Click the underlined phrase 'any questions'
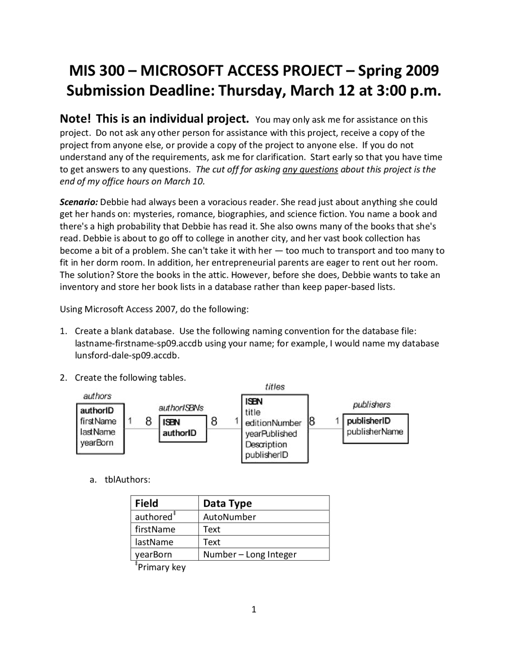(310, 169)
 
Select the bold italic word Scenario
(79, 202)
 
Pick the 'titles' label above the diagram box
(275, 386)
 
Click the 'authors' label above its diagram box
(97, 396)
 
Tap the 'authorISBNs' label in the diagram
(181, 407)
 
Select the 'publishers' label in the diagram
(371, 405)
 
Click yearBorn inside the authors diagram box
(96, 443)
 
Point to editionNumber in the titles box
(273, 423)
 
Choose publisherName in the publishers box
(375, 432)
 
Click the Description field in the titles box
(266, 444)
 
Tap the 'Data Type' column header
(227, 503)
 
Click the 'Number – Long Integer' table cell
(250, 554)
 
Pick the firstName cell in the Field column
(155, 529)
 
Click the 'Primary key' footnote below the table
(161, 567)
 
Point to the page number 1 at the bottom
(254, 609)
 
